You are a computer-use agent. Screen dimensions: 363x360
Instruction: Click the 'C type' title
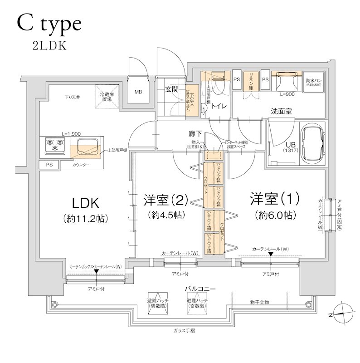click(49, 23)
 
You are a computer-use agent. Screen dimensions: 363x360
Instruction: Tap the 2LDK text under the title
click(49, 46)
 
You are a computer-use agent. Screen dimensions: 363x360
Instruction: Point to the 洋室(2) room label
click(165, 200)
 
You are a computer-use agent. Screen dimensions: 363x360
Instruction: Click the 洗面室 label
click(281, 110)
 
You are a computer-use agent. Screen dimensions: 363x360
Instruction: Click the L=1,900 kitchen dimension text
click(71, 134)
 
